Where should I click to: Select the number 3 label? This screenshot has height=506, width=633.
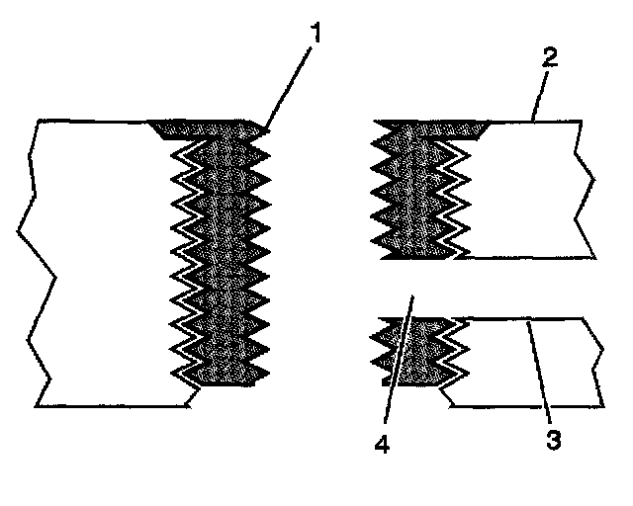[x=556, y=436]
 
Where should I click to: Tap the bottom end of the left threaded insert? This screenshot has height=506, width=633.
[x=227, y=383]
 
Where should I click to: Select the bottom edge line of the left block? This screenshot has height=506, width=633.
[x=109, y=406]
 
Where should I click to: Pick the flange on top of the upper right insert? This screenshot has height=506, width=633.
[x=435, y=126]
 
